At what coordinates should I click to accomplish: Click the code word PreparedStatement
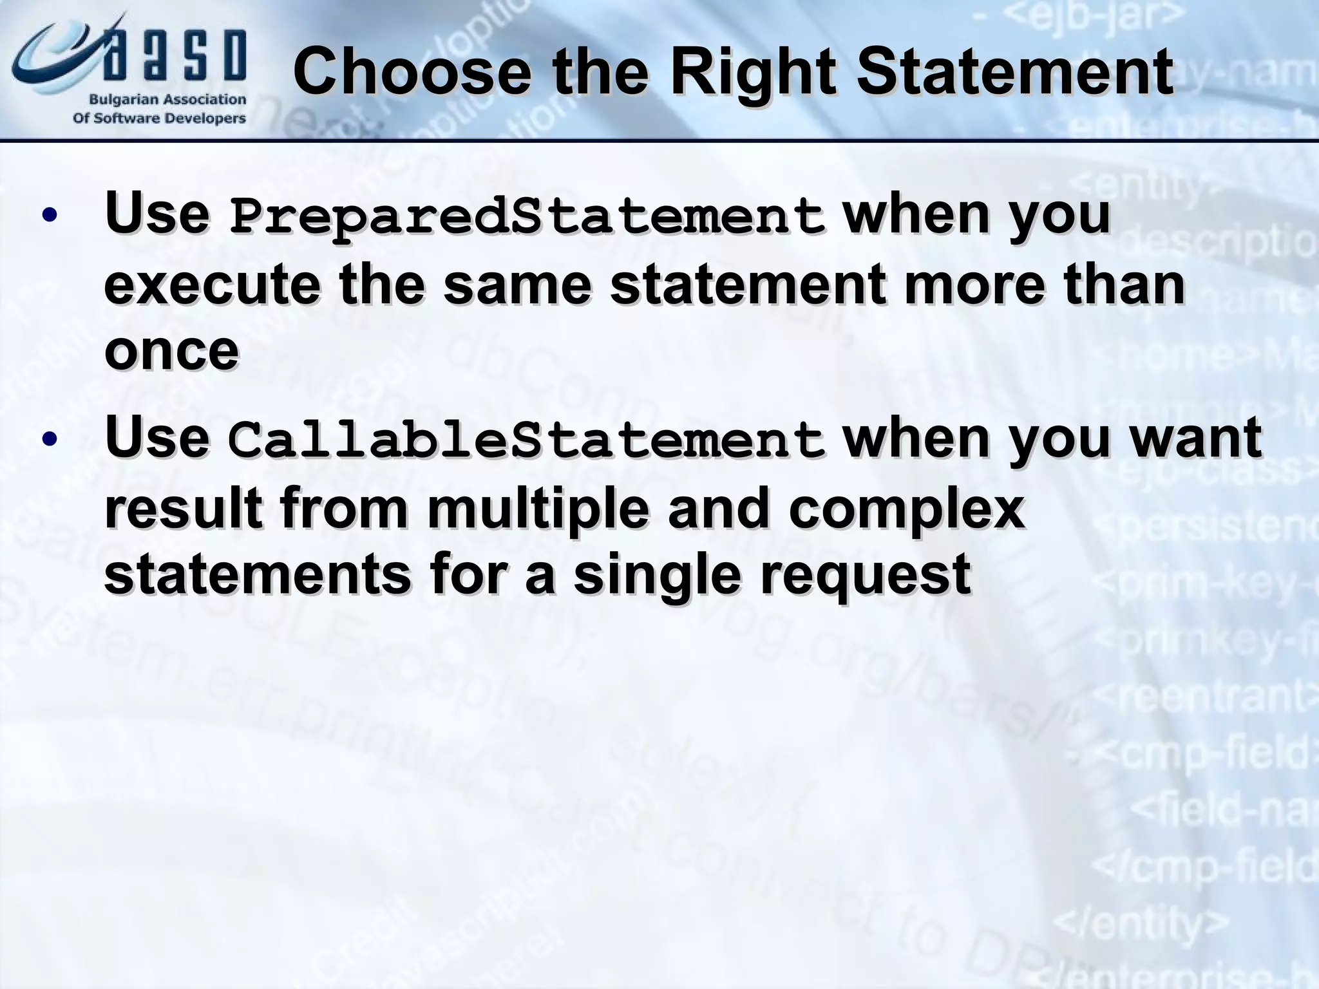[527, 216]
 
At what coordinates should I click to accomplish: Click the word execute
[213, 285]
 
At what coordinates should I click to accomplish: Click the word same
[517, 285]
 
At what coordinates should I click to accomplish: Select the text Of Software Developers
[159, 118]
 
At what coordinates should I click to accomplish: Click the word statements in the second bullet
[257, 575]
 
